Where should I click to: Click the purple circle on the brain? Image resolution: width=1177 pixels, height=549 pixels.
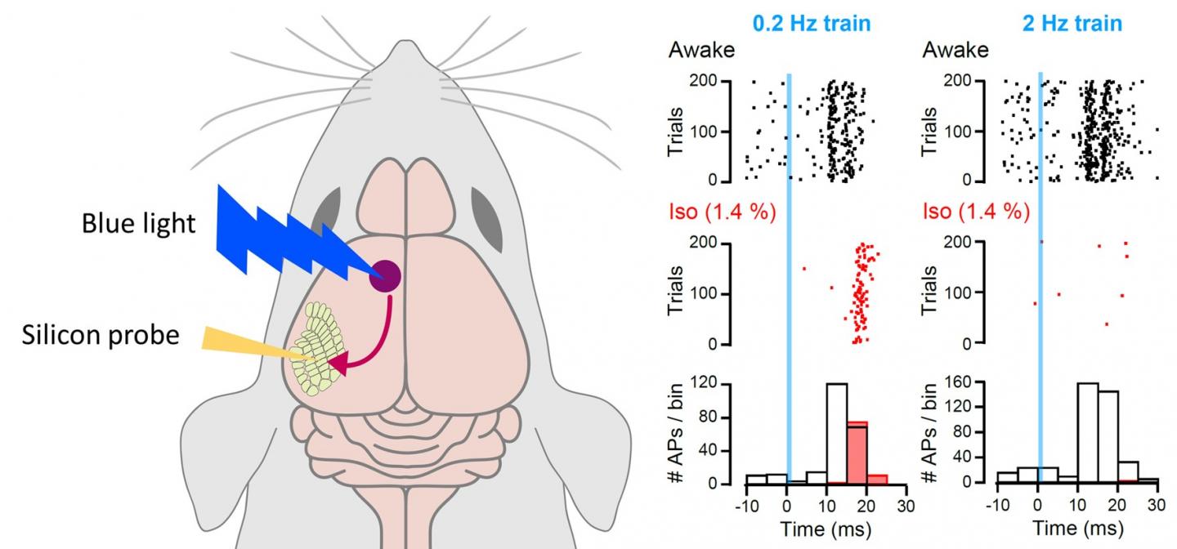click(385, 276)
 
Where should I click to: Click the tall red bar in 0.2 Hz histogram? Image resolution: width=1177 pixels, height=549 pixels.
click(856, 453)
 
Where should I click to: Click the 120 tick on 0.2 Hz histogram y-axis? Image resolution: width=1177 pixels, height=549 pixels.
click(723, 382)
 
